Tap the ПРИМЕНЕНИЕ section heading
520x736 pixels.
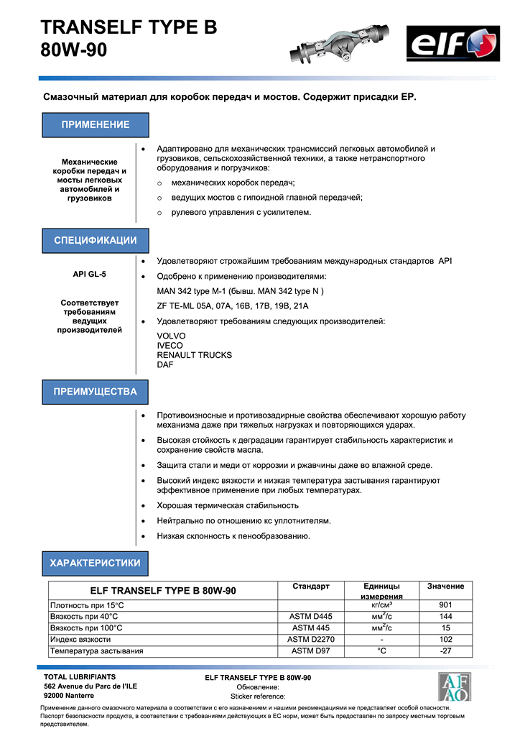click(96, 124)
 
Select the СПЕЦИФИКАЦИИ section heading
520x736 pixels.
click(96, 240)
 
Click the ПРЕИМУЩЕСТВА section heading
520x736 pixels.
click(96, 392)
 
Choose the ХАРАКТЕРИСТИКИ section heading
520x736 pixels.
click(96, 563)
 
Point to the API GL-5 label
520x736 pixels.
click(90, 274)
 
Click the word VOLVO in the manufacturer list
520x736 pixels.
click(171, 336)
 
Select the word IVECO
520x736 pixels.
click(170, 346)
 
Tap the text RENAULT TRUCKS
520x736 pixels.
click(195, 355)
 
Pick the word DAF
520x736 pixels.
click(165, 365)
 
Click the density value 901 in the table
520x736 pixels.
click(445, 605)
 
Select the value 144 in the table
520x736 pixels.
click(445, 617)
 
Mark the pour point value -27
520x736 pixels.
click(445, 651)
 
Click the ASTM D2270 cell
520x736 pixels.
click(311, 640)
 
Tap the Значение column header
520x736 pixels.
click(445, 586)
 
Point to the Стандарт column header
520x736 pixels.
click(311, 586)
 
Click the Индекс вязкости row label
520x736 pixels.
click(80, 640)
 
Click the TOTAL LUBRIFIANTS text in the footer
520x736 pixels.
click(80, 677)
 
